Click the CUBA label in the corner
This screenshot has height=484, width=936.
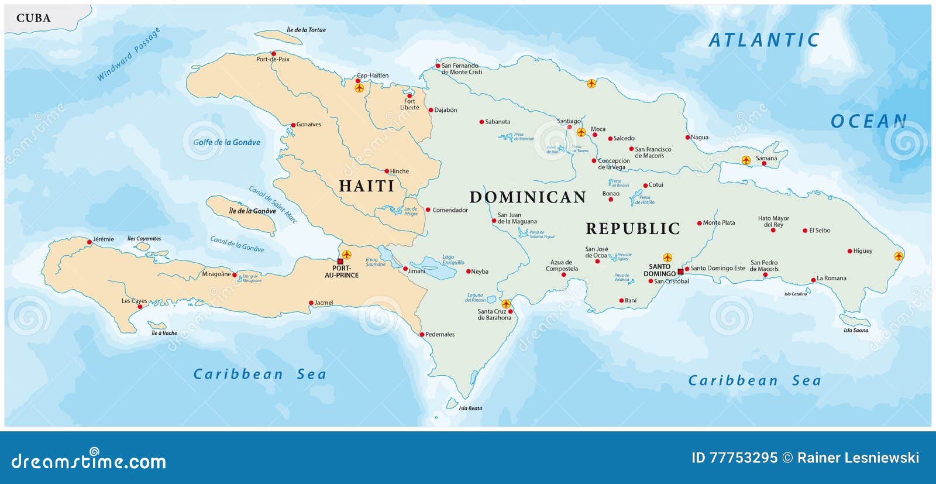tap(33, 18)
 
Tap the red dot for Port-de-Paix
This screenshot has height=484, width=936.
tap(273, 54)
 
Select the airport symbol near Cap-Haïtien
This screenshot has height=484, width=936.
tap(359, 88)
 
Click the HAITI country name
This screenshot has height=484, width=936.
tap(367, 186)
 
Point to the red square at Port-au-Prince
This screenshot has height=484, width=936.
tap(340, 262)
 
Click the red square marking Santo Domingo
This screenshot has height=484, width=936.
tap(680, 272)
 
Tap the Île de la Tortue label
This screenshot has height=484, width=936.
tap(306, 30)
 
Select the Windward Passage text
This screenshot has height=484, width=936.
tap(128, 54)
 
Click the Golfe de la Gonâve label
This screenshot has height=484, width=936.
tap(227, 142)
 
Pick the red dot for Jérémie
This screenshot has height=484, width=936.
tap(90, 242)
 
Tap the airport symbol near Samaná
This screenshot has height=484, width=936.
tap(746, 160)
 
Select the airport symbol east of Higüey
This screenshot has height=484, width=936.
tap(899, 256)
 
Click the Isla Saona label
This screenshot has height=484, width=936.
tap(855, 330)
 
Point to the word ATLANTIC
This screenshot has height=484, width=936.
tap(763, 40)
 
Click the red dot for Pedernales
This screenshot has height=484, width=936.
tap(422, 335)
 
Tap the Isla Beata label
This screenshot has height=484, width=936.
tap(470, 408)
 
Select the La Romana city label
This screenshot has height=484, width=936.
tap(831, 278)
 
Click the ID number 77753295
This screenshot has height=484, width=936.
tap(743, 458)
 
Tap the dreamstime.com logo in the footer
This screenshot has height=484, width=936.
tap(88, 461)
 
